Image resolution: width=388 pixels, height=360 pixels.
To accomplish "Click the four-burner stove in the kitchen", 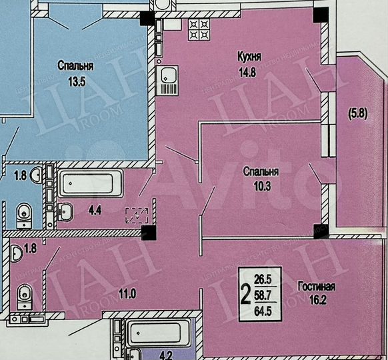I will [x=199, y=29].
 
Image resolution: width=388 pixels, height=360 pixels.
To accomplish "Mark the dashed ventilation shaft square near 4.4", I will [x=137, y=215].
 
